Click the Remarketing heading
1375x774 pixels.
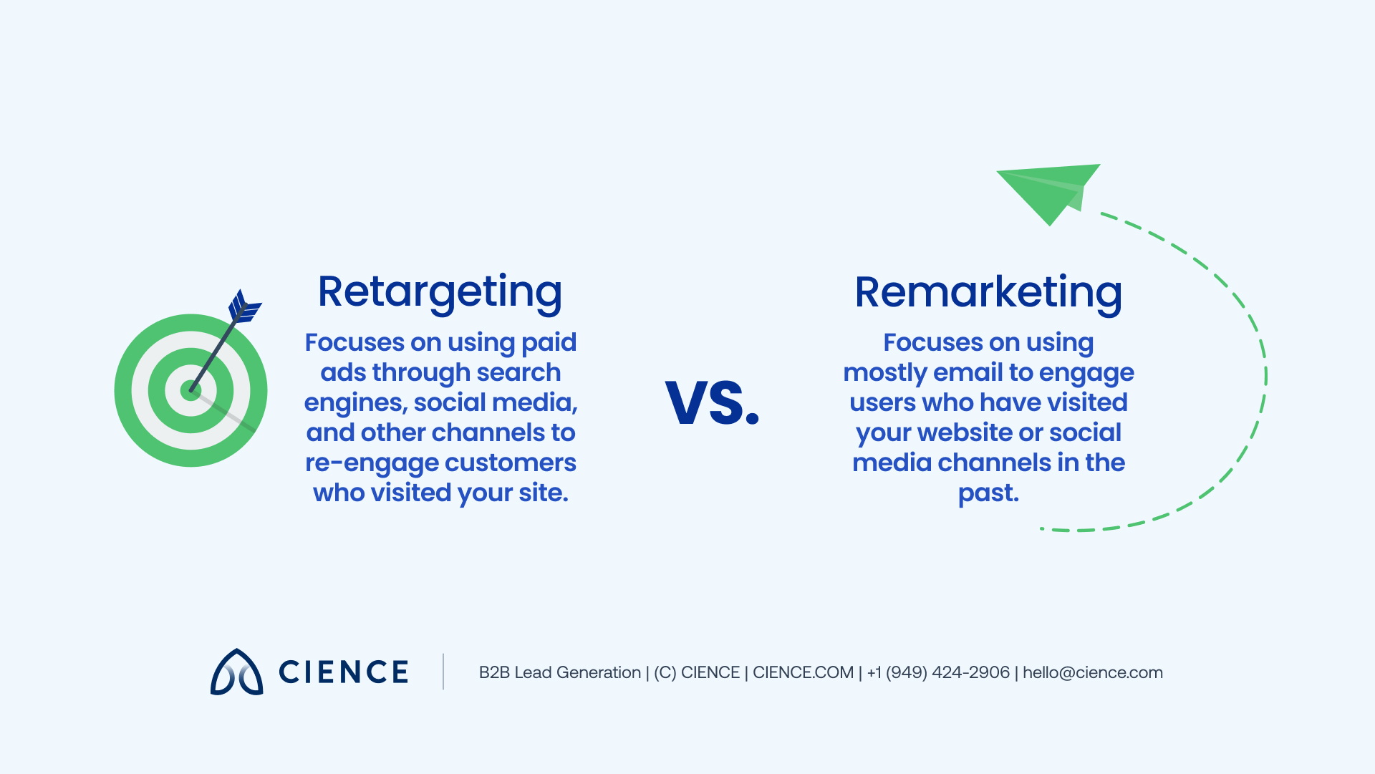point(988,292)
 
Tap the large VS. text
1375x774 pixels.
point(712,402)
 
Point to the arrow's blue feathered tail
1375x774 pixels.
point(243,307)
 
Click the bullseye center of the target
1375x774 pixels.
point(190,391)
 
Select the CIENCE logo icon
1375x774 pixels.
point(236,672)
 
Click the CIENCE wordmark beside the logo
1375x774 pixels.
point(344,672)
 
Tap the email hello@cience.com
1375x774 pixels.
point(1092,672)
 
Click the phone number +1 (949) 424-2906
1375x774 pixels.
point(938,672)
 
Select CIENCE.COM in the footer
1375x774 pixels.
point(803,672)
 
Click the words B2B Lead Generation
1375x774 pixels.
point(559,672)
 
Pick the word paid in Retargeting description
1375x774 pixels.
point(549,342)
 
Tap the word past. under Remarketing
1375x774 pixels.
point(988,493)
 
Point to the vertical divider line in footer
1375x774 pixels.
point(443,672)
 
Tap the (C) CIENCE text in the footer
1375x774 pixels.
point(696,672)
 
